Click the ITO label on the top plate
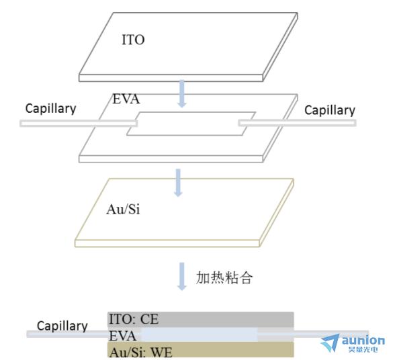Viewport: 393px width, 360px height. [x=133, y=40]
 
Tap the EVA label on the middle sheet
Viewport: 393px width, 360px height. [x=126, y=99]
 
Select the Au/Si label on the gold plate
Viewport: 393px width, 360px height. [x=123, y=209]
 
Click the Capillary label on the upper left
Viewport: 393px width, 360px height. [x=50, y=109]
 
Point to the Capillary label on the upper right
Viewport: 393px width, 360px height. [x=330, y=110]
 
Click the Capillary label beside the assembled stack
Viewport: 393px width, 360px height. [x=62, y=326]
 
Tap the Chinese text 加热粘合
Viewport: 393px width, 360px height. [x=224, y=277]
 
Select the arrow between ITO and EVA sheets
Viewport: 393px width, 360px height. [x=182, y=94]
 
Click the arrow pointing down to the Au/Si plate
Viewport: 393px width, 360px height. [x=178, y=183]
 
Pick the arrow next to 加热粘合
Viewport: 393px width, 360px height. [x=182, y=277]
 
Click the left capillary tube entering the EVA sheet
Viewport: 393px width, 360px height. [x=79, y=124]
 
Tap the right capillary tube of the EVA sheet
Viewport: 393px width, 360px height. [x=297, y=123]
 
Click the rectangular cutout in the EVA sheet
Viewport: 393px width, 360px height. [x=191, y=124]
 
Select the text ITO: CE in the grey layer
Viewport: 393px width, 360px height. [x=134, y=319]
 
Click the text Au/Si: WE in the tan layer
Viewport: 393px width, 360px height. [x=141, y=352]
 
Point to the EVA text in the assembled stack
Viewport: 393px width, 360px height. [x=122, y=336]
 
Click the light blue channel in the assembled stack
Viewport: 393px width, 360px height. [x=200, y=334]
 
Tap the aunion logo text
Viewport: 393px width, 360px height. [x=363, y=341]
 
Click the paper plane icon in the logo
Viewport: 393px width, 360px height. [x=331, y=343]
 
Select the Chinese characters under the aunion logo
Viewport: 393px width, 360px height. [x=363, y=349]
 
